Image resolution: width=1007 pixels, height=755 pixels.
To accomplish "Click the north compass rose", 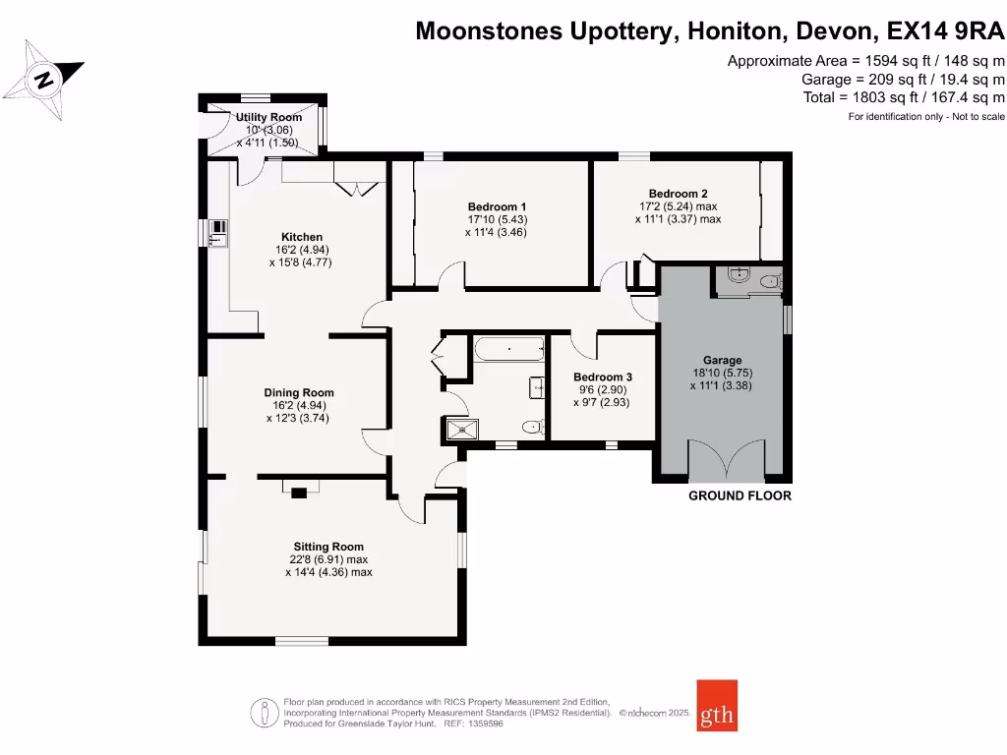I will pos(42,79).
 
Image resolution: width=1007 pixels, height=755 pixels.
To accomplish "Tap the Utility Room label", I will pos(268,117).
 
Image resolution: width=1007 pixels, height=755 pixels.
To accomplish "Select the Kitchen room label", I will pos(302,237).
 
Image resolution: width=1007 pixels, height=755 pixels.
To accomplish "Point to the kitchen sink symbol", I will pos(217,233).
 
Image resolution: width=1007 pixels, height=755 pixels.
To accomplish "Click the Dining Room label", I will pos(299,392).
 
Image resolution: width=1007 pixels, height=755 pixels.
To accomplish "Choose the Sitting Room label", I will pos(328,547).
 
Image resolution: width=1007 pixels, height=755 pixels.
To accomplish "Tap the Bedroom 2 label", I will pos(678,194).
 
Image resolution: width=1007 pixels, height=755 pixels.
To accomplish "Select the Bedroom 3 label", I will pos(602,377).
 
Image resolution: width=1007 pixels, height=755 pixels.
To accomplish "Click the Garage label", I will pos(722,360).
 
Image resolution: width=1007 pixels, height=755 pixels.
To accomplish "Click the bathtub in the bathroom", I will pos(508,348).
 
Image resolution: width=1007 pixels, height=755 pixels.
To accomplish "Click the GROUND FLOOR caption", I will pos(740,495).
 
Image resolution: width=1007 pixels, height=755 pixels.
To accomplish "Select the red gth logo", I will pos(717,705).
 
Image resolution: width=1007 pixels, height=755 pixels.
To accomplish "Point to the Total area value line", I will pos(904,97).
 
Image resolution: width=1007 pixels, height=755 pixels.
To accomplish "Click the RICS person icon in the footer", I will pos(263,712).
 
